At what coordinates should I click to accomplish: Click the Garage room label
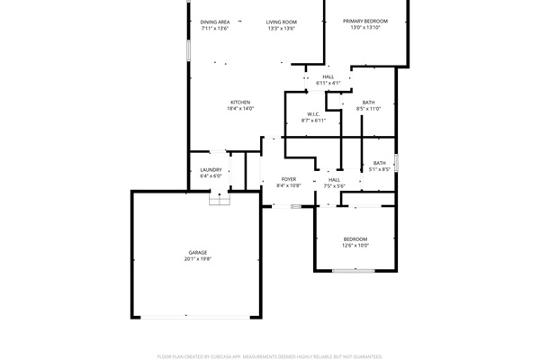point(198,252)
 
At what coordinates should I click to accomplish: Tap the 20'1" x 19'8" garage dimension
point(198,259)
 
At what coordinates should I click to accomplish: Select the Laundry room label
point(211,169)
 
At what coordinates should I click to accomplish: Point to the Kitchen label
point(240,102)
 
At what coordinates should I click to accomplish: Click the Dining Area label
point(215,22)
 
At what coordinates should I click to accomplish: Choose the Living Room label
point(282,22)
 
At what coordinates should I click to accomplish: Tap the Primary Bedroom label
point(365,21)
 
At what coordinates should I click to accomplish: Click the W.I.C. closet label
point(313,114)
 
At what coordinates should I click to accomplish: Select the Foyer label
point(289,179)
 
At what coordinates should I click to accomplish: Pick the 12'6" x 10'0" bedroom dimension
point(355,246)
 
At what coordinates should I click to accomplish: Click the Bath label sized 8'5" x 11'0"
point(369,103)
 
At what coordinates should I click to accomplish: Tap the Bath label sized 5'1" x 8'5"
point(380,163)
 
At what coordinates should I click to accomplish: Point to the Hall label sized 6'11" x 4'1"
point(328,76)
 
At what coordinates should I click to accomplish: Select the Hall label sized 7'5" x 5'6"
point(335,180)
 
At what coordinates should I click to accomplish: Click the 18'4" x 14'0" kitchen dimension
point(240,109)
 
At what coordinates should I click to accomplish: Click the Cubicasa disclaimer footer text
point(270,356)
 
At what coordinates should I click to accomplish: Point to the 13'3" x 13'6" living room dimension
point(282,29)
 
